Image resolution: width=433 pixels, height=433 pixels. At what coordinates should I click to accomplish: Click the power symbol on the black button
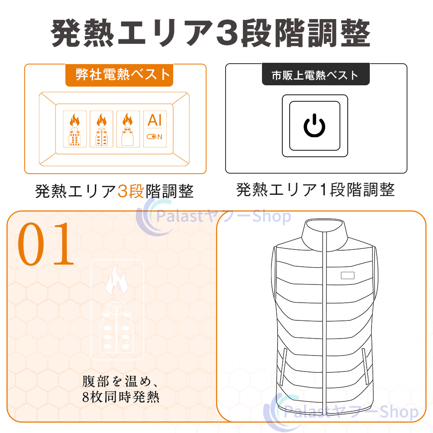(x=314, y=126)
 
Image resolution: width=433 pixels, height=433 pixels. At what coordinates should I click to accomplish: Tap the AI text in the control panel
(x=155, y=120)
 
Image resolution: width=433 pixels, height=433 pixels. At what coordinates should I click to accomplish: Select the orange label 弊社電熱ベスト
(x=120, y=75)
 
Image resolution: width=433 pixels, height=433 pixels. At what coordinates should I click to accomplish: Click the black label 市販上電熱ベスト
(x=316, y=74)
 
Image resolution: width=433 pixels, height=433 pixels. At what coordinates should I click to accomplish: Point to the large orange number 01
(x=46, y=244)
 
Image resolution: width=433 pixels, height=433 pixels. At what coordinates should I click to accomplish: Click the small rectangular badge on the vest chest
(x=347, y=275)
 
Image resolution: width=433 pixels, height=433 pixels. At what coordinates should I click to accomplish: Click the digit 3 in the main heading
(x=227, y=33)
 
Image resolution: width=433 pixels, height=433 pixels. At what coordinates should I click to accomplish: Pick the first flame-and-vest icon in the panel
(x=74, y=129)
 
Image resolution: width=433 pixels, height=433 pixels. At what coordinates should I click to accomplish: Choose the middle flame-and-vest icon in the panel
(x=101, y=129)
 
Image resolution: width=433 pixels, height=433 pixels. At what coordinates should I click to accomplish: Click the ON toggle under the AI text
(x=155, y=137)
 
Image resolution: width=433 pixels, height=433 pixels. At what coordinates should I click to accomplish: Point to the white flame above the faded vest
(x=116, y=280)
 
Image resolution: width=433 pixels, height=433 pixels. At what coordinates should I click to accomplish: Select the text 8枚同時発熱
(x=121, y=397)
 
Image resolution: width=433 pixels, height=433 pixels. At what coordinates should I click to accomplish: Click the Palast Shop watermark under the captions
(x=213, y=216)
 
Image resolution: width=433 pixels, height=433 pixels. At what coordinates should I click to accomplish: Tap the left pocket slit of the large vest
(x=283, y=367)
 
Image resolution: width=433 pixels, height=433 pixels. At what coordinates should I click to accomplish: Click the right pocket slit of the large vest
(x=365, y=366)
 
